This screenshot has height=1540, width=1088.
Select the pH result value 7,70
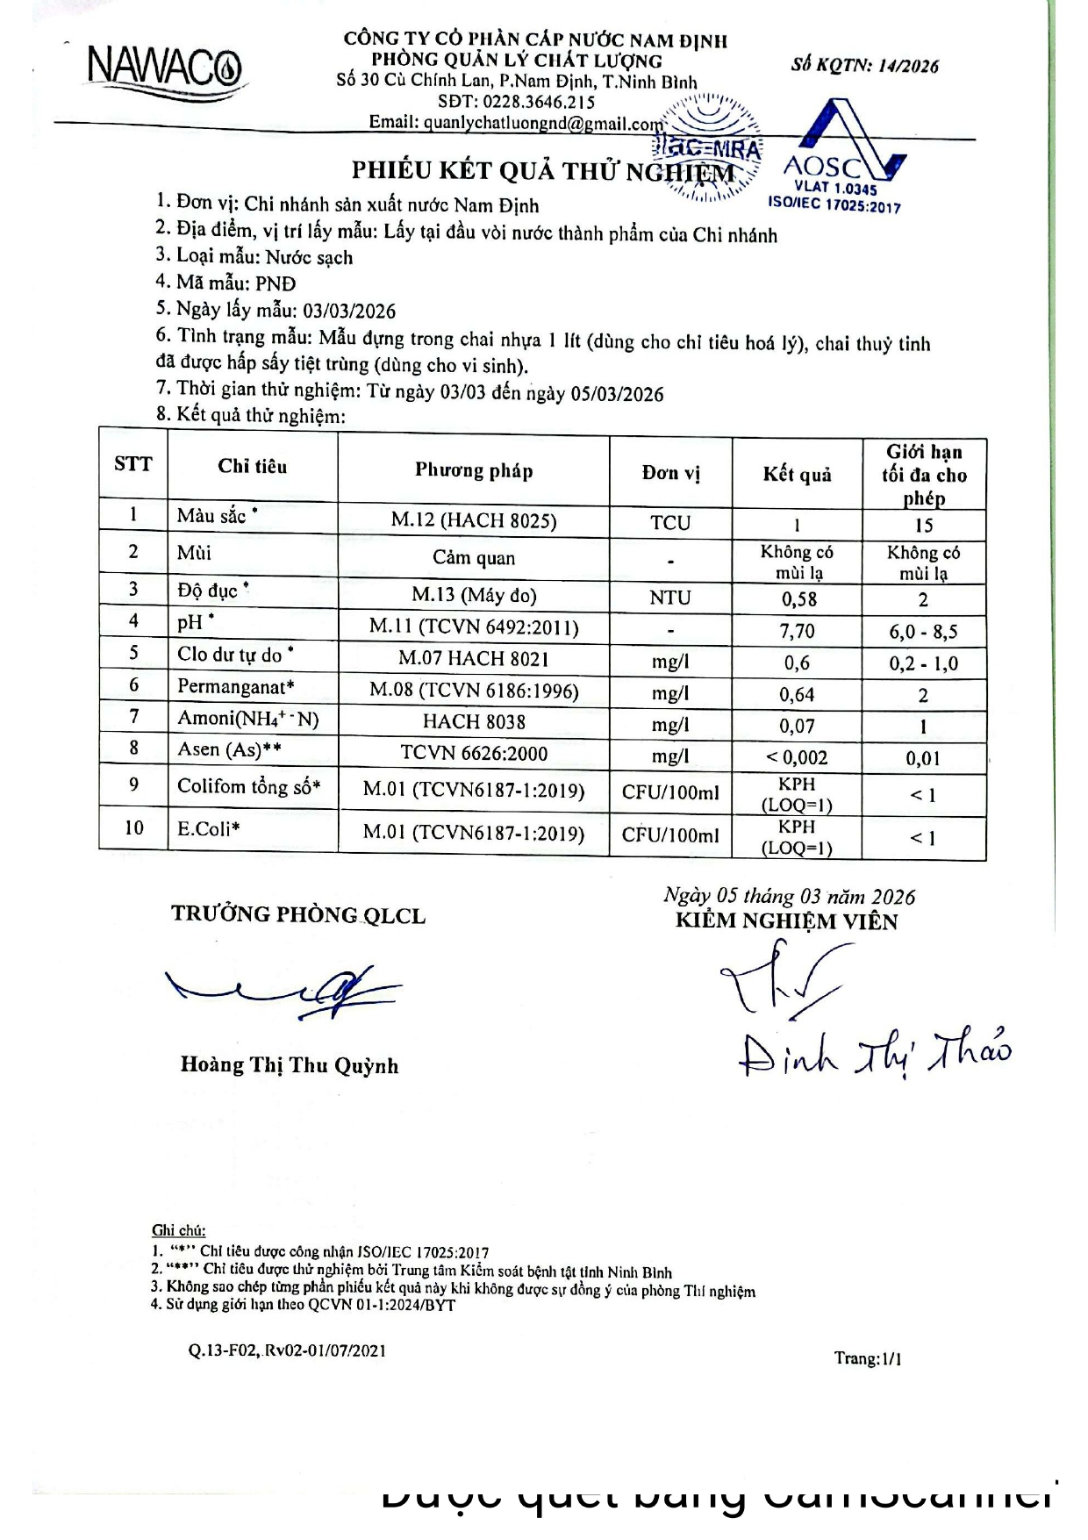798,631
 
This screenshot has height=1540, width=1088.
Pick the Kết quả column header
797,475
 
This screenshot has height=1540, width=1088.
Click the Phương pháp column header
474,471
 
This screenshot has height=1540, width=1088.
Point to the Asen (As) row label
229,749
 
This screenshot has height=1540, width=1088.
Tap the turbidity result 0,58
798,599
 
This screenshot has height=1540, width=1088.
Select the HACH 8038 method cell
474,722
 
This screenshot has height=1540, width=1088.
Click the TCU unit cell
670,523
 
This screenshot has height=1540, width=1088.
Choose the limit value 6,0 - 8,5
923,632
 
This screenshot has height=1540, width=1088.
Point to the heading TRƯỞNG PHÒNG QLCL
298,915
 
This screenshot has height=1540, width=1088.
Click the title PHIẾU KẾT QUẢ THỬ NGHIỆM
542,171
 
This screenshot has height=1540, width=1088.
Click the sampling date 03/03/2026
349,312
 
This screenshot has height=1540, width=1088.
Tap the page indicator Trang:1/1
868,1359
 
